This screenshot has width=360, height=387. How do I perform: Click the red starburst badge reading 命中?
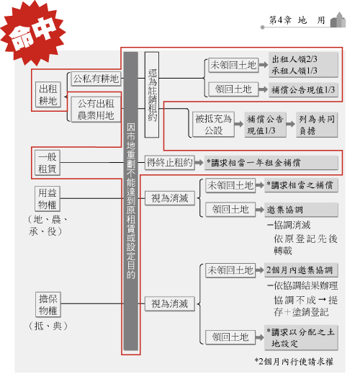pyautogui.click(x=32, y=33)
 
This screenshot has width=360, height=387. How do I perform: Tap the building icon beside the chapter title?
pyautogui.click(x=338, y=19)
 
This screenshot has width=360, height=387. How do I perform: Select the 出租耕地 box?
pyautogui.click(x=48, y=94)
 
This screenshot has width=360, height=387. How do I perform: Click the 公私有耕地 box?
pyautogui.click(x=96, y=79)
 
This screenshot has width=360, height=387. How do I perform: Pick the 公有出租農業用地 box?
pyautogui.click(x=96, y=110)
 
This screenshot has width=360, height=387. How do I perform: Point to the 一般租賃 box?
pyautogui.click(x=48, y=163)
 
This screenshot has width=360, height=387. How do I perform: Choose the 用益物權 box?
pyautogui.click(x=48, y=199)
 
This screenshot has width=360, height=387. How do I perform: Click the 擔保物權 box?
pyautogui.click(x=48, y=305)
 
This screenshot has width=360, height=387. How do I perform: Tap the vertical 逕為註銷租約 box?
pyautogui.click(x=152, y=94)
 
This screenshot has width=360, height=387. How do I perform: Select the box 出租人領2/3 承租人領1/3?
pyautogui.click(x=303, y=65)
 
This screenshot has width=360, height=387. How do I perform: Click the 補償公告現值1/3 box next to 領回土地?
pyautogui.click(x=303, y=90)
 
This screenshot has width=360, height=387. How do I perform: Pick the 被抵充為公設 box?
pyautogui.click(x=213, y=125)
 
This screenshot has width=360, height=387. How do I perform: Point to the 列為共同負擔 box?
pyautogui.click(x=317, y=125)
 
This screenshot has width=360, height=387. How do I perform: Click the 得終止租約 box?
pyautogui.click(x=170, y=163)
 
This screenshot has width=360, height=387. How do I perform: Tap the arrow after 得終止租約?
pyautogui.click(x=199, y=163)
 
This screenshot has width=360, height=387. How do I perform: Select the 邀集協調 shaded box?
pyautogui.click(x=301, y=210)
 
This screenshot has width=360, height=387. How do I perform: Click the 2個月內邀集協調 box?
pyautogui.click(x=301, y=270)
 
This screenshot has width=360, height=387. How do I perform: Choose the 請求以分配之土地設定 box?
pyautogui.click(x=301, y=338)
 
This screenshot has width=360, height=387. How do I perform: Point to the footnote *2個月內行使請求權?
pyautogui.click(x=294, y=362)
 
